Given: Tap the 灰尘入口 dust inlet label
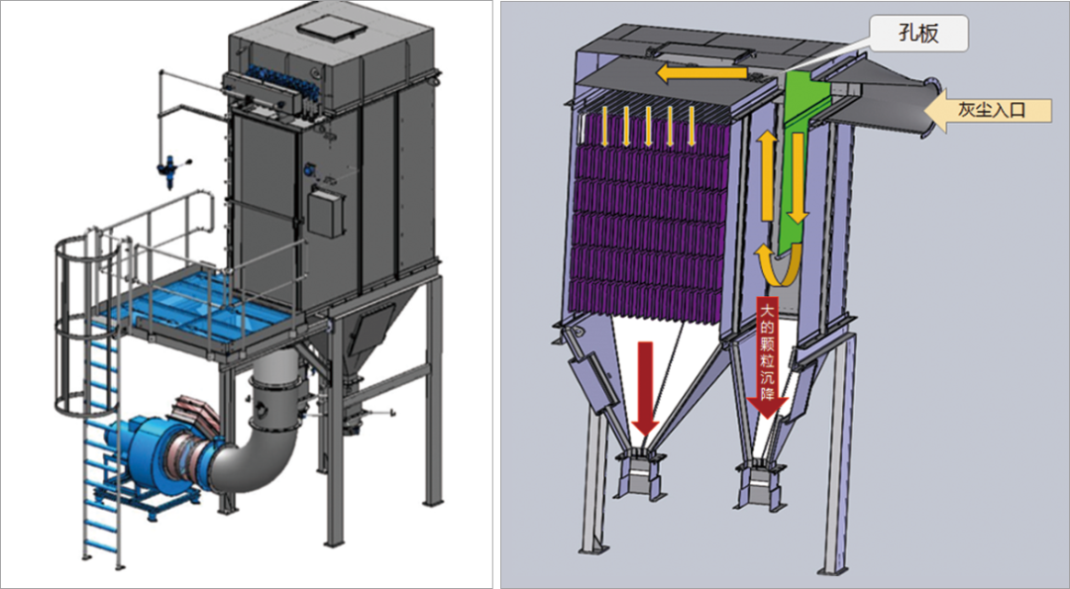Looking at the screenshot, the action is pos(990,110).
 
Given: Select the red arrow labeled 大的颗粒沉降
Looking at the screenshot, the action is pos(767,357).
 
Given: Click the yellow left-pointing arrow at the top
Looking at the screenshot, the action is pos(701,73).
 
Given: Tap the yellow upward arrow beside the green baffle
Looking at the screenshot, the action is pos(768,175).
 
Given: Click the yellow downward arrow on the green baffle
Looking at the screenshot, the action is pos(797,178).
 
